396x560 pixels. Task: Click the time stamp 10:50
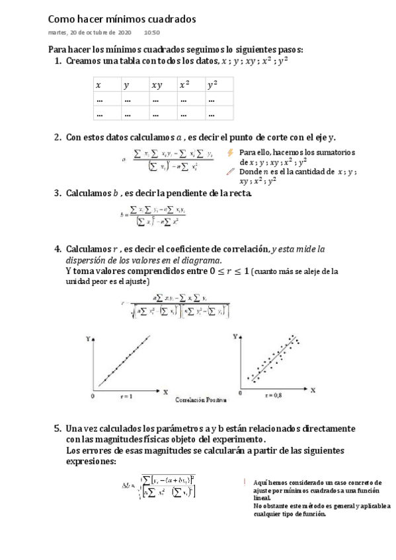[x=151, y=32]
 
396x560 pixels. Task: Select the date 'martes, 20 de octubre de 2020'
[x=90, y=32]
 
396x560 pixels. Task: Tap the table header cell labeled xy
[x=157, y=85]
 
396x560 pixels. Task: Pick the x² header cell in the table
[x=184, y=85]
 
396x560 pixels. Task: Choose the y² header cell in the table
[x=212, y=85]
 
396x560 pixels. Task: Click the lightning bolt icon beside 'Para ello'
[x=230, y=153]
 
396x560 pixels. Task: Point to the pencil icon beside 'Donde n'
[x=230, y=171]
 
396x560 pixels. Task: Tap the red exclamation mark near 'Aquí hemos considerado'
[x=244, y=482]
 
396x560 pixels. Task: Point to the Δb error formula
[x=159, y=487]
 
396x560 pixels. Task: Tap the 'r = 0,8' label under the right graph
[x=272, y=395]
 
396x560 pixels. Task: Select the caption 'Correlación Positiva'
[x=201, y=400]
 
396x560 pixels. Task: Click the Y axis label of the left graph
[x=88, y=339]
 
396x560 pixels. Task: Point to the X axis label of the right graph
[x=313, y=390]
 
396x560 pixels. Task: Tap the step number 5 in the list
[x=58, y=429]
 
